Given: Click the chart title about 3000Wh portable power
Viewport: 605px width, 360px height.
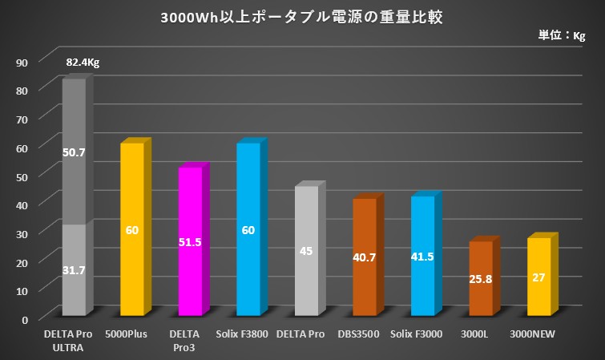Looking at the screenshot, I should [x=301, y=17].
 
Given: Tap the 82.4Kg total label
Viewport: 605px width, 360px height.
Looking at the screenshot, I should [x=83, y=63].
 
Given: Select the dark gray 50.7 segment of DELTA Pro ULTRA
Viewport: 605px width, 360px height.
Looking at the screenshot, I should [x=74, y=152].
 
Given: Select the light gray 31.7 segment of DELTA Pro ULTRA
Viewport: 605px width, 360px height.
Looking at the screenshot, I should [x=74, y=270].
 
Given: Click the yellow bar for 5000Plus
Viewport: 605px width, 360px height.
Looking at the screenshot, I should [x=132, y=229].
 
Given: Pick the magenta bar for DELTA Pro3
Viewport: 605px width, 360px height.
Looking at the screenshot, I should [x=190, y=241].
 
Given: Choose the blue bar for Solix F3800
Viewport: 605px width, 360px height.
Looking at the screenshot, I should [x=248, y=229].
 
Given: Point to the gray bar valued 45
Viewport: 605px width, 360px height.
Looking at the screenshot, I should [x=306, y=250].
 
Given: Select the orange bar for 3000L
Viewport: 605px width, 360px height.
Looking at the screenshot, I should [x=481, y=277].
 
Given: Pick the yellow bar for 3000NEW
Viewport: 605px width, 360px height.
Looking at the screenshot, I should [x=538, y=276].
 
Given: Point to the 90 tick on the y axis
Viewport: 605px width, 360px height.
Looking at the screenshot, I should [x=22, y=62].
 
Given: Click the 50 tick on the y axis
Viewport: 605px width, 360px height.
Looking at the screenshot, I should [x=22, y=176].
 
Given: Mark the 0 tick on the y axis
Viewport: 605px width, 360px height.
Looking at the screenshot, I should [x=26, y=318].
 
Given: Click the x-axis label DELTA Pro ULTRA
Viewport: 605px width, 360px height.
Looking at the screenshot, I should [x=74, y=340].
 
